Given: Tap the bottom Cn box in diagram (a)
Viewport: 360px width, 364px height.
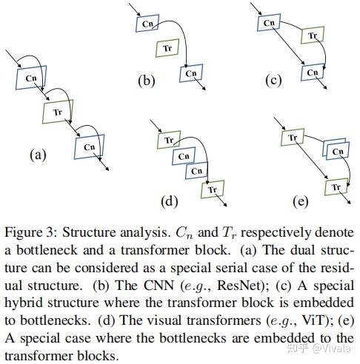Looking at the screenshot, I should (x=89, y=147).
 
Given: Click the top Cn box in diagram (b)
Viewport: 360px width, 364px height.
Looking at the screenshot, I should (x=148, y=24).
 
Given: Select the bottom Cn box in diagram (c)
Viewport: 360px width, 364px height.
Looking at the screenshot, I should (x=313, y=73).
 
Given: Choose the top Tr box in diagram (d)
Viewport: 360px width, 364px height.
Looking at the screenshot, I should (x=169, y=139).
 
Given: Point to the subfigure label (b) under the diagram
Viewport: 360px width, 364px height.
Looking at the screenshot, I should (x=146, y=81).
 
